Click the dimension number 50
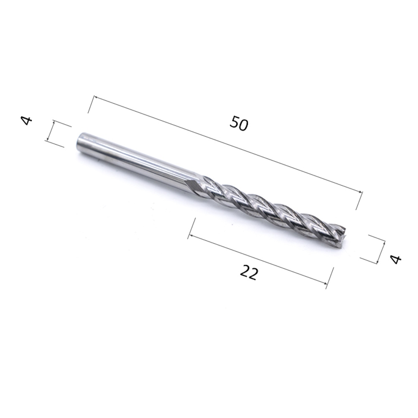click(239, 123)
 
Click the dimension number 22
click(249, 272)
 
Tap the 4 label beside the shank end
click(27, 120)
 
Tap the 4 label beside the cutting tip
click(395, 259)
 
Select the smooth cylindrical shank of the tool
click(139, 162)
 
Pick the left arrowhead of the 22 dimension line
click(190, 236)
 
